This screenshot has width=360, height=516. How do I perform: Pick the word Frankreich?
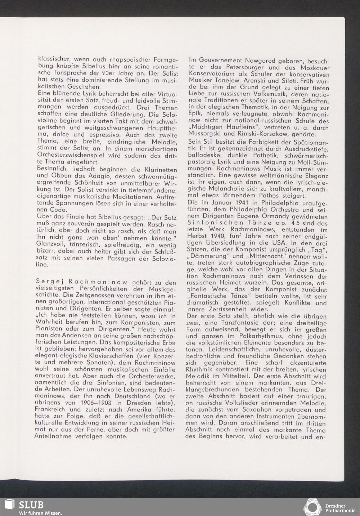(x=51, y=409)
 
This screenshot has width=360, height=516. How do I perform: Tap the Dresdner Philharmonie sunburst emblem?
(x=312, y=507)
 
